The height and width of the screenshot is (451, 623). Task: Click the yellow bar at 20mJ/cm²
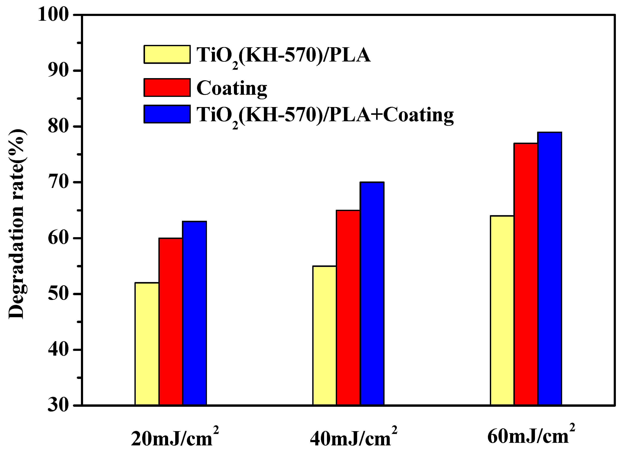point(147,344)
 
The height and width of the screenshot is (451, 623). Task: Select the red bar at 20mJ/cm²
point(170,321)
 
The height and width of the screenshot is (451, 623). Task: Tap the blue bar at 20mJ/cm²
point(194,313)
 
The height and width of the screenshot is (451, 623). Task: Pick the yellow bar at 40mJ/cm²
point(324,335)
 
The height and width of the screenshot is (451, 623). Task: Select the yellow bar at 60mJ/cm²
point(502,310)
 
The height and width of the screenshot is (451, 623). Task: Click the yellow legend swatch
point(167,54)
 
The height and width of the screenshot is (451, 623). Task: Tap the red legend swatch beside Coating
point(167,88)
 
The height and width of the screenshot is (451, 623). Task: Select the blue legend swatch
point(167,114)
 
